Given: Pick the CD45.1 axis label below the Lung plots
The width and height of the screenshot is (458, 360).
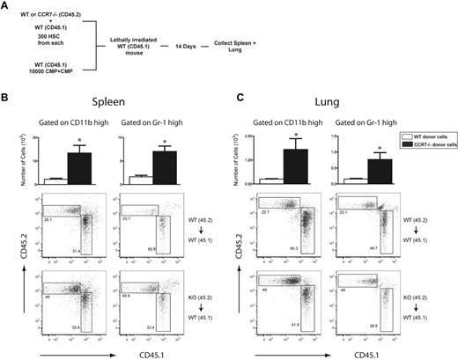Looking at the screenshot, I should click(351, 354).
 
